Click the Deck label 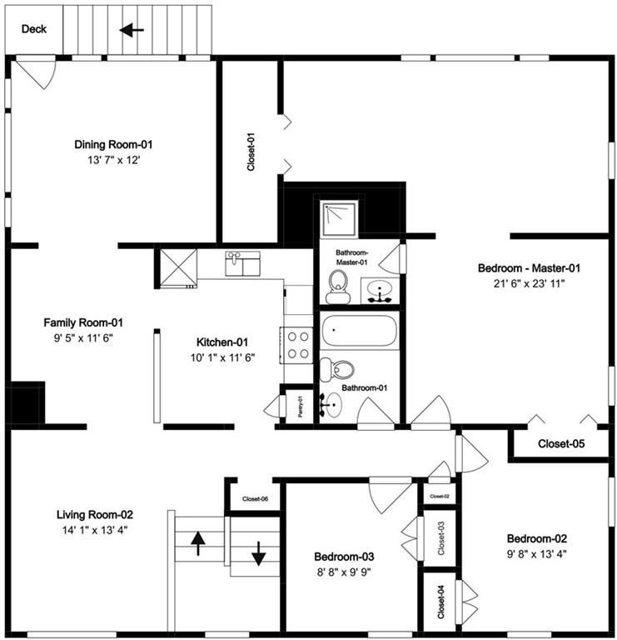coord(34,29)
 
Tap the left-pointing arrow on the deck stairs coord(131,30)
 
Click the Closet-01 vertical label coord(251,152)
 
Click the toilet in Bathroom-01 coord(338,369)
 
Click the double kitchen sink coord(242,264)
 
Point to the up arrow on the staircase coord(198,542)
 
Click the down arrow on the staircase coord(258,551)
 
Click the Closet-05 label coord(561,443)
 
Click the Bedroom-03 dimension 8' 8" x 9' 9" coord(345,572)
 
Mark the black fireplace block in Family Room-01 coord(26,404)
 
